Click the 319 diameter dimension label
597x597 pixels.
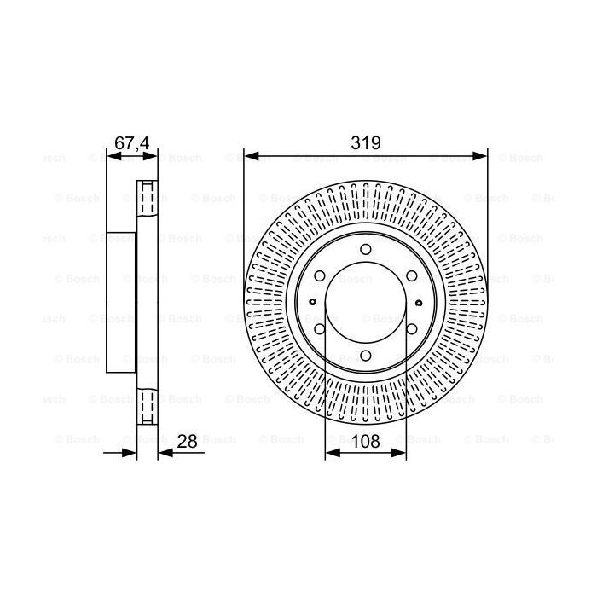point(366,142)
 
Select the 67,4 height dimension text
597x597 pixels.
point(131,142)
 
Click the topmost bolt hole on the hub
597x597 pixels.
point(365,249)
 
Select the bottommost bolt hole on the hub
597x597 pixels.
point(365,356)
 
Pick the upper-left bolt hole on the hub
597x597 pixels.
point(318,275)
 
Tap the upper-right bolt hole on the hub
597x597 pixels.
point(412,275)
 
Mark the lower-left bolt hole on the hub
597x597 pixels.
point(318,330)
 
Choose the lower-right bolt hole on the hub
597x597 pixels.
point(412,330)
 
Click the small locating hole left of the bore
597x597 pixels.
point(312,302)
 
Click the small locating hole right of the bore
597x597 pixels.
point(419,302)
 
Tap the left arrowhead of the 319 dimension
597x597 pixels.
point(249,155)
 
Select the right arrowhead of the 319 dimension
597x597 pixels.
point(482,155)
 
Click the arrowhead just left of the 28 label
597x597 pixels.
point(165,453)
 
